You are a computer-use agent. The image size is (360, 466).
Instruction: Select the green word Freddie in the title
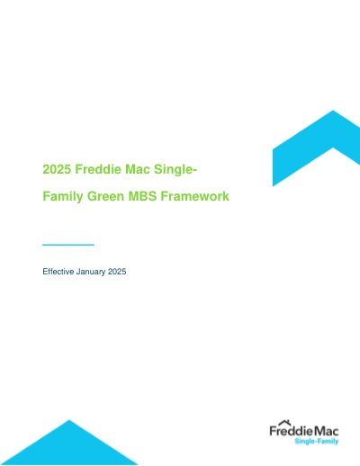click(98, 169)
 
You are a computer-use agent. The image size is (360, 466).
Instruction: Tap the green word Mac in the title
click(138, 169)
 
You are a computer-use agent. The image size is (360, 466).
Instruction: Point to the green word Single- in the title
click(175, 170)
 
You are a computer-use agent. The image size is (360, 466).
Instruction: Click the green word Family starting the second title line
click(63, 197)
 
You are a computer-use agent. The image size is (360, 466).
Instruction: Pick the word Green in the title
click(105, 196)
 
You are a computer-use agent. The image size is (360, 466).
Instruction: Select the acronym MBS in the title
click(142, 196)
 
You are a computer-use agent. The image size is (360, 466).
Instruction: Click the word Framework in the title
click(195, 196)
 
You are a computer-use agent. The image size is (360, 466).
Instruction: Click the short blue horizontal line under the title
click(68, 245)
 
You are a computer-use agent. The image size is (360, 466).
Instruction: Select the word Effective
click(58, 272)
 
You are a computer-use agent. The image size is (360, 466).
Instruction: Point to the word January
click(91, 272)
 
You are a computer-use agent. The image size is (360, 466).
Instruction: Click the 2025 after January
click(117, 272)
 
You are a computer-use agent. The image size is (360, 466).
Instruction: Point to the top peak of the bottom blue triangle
click(69, 420)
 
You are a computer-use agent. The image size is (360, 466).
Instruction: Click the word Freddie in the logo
click(291, 431)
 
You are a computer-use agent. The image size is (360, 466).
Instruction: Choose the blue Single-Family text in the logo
click(317, 441)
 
